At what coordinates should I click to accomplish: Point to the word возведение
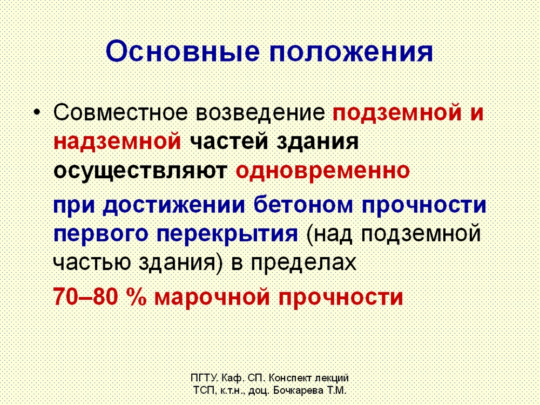(x=261, y=113)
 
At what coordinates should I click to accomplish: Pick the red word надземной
(x=117, y=142)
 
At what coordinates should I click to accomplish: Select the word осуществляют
(x=140, y=171)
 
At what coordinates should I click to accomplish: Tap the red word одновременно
(x=323, y=170)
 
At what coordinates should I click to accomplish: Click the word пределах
(x=303, y=263)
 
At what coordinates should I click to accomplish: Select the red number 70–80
(x=85, y=297)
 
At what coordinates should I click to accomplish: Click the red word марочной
(x=212, y=298)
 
